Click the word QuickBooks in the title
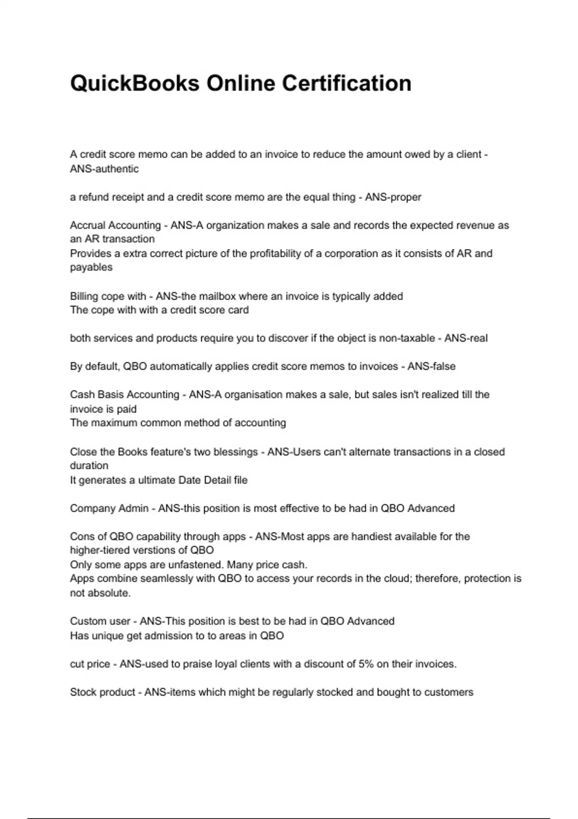tap(134, 83)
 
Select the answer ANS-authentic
tap(104, 169)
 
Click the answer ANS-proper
tap(393, 197)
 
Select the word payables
tap(91, 267)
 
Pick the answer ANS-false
tap(431, 367)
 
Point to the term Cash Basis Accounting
tap(124, 395)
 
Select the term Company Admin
tap(109, 508)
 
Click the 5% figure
tap(366, 664)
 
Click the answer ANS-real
tap(466, 338)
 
